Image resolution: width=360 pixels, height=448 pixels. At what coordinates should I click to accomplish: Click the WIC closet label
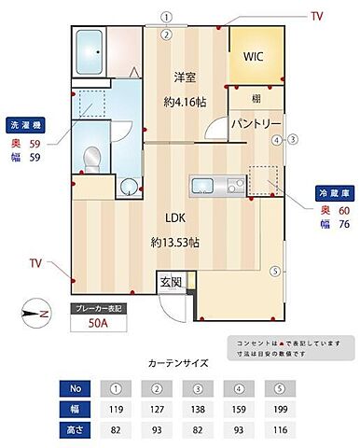click(x=255, y=57)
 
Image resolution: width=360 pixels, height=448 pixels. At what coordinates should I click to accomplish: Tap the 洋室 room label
click(x=185, y=78)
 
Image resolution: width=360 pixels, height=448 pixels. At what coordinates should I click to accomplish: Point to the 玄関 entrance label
click(x=170, y=281)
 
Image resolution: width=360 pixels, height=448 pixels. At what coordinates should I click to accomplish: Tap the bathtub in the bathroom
click(x=90, y=49)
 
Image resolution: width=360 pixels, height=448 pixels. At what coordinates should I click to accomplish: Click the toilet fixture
click(x=92, y=160)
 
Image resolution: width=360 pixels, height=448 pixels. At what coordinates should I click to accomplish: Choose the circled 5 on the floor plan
click(x=274, y=272)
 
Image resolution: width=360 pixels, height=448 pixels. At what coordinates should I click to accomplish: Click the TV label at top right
click(x=317, y=16)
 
